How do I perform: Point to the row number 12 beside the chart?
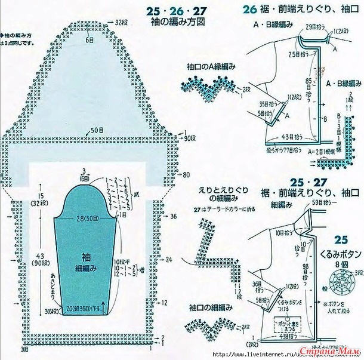[165, 302]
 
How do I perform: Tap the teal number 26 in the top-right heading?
[249, 8]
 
